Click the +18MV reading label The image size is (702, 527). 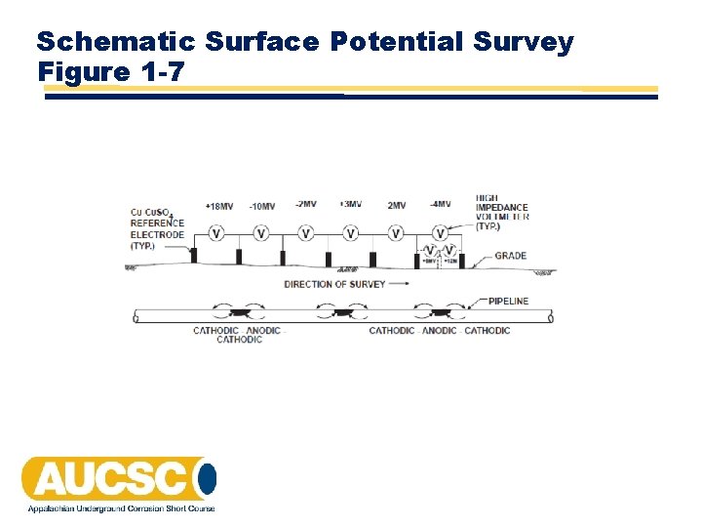pos(219,206)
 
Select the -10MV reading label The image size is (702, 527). pos(261,206)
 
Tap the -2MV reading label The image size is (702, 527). pos(305,204)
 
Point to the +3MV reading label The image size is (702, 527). pos(350,204)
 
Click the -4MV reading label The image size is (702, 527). pos(440,204)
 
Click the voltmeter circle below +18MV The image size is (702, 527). pos(216,233)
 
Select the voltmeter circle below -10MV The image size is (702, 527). pos(261,233)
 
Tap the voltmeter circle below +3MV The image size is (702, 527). pos(350,233)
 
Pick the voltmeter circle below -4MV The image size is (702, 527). pos(440,233)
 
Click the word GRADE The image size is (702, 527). pos(510,256)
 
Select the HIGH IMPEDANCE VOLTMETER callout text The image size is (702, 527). pos(501,212)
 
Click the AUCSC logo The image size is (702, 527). pos(118,478)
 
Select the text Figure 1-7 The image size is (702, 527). pos(109,71)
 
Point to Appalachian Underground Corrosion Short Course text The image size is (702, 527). pos(121,508)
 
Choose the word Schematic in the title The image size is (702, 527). pos(117,42)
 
